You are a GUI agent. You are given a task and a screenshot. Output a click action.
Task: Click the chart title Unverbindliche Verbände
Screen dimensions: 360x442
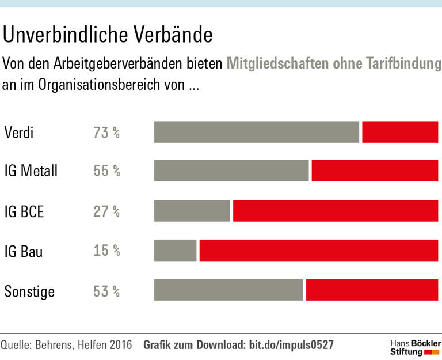point(108,35)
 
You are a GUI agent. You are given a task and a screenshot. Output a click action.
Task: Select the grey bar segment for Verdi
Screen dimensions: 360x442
point(257,132)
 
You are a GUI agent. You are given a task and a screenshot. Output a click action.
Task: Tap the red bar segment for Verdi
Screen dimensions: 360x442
point(400,132)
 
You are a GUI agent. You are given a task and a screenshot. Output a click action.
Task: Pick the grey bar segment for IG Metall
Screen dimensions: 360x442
point(231,171)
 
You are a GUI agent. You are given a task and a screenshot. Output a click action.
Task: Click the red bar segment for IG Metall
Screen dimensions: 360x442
point(375,171)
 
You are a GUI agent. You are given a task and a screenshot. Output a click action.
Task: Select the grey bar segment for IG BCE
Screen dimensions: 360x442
point(192,211)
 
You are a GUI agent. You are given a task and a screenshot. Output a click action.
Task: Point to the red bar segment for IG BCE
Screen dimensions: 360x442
point(336,211)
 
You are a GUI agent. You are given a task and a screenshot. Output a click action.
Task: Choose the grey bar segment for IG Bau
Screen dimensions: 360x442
point(176,251)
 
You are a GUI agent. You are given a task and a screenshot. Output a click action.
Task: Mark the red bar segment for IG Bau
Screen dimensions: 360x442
point(319,251)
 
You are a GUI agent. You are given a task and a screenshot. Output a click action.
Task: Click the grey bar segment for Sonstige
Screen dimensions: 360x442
point(228,290)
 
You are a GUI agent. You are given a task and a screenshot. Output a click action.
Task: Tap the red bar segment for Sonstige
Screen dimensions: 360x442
point(372,290)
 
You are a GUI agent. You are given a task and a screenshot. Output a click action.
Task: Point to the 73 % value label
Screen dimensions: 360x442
point(106,132)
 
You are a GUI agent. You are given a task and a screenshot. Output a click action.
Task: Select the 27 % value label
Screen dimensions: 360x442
point(106,211)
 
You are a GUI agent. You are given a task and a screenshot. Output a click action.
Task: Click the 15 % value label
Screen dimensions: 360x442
point(106,251)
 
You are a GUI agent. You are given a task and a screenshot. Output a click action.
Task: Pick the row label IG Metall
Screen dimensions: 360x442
point(31,172)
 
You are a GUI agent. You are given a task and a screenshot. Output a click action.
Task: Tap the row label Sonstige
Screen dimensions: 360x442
point(30,291)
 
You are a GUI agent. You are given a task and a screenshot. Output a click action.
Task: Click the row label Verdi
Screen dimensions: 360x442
point(19,132)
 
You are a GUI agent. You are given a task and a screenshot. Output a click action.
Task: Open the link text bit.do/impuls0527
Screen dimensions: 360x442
point(291,345)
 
